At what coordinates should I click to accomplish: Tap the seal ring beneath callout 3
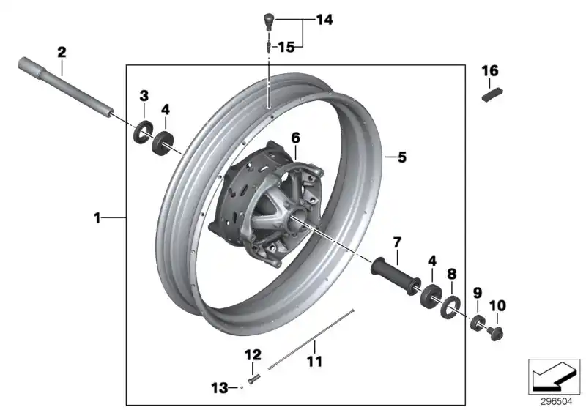tap(141, 133)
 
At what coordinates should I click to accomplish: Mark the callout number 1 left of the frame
tap(97, 217)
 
